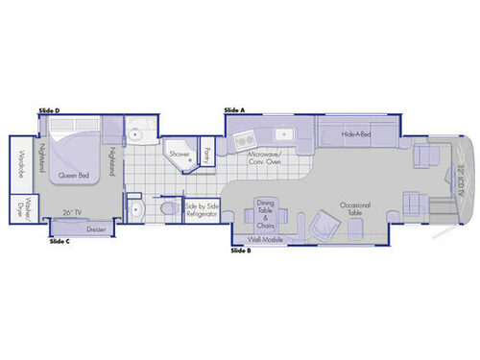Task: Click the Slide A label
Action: pos(234,110)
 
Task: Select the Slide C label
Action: pos(60,241)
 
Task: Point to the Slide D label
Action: pos(50,112)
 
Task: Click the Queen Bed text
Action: pos(75,176)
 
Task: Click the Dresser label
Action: pos(95,229)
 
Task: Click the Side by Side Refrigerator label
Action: pos(201,209)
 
